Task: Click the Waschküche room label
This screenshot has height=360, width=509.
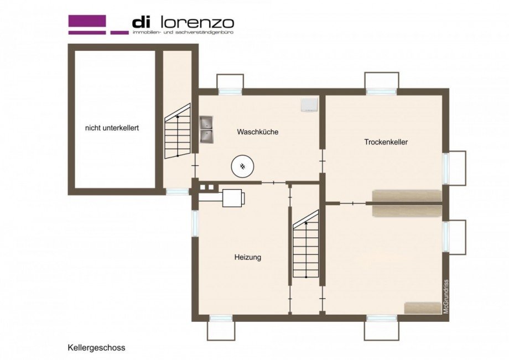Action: click(x=257, y=132)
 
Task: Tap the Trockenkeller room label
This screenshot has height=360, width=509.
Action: click(x=386, y=142)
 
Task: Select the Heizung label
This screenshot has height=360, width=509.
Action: click(x=247, y=257)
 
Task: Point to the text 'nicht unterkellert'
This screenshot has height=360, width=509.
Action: click(x=112, y=127)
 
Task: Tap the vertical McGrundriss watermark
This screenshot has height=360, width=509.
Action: click(x=446, y=296)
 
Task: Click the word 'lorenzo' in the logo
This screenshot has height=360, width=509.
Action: click(x=196, y=23)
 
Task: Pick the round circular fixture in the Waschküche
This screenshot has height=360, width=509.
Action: click(x=242, y=165)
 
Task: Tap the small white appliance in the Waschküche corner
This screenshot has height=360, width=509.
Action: click(x=308, y=105)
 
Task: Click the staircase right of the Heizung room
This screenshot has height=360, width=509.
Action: click(x=305, y=246)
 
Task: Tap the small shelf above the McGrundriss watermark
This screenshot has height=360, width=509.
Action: click(x=423, y=308)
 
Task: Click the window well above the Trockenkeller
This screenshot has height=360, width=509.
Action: click(x=382, y=81)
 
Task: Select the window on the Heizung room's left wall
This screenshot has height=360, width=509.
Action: click(x=195, y=223)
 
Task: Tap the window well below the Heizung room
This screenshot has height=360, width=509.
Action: click(x=221, y=329)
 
